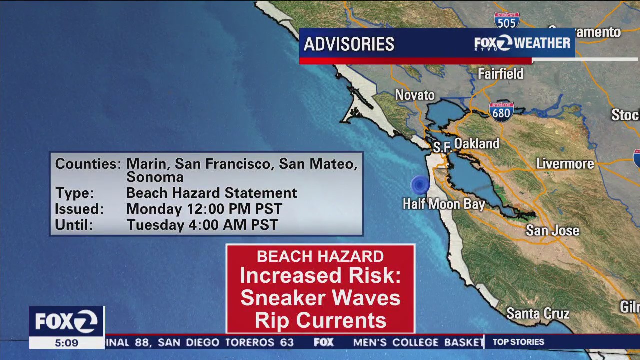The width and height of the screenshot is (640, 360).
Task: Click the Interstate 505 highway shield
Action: click(x=507, y=20)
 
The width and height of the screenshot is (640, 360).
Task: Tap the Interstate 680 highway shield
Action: click(x=501, y=112)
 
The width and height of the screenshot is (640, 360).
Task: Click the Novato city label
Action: click(x=415, y=95)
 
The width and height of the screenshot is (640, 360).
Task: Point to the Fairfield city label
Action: click(x=500, y=74)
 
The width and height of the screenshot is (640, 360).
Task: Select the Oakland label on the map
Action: click(x=476, y=144)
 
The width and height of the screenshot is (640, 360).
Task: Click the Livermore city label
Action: click(x=565, y=163)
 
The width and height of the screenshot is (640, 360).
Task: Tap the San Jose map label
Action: click(x=552, y=231)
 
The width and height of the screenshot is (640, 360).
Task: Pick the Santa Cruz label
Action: click(x=538, y=314)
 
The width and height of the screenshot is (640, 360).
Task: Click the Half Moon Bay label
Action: click(x=444, y=204)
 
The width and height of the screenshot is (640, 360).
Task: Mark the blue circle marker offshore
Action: click(x=420, y=185)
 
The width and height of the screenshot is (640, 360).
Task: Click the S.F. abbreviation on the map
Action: click(x=442, y=147)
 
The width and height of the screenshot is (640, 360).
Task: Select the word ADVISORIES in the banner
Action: click(x=349, y=44)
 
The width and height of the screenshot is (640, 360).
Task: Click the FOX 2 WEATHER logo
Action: click(x=522, y=43)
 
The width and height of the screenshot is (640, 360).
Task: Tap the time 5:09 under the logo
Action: click(x=66, y=343)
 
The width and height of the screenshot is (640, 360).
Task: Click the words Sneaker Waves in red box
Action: click(x=320, y=298)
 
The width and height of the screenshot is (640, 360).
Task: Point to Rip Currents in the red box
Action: click(x=320, y=320)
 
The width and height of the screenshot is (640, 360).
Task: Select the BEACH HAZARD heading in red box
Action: click(x=320, y=256)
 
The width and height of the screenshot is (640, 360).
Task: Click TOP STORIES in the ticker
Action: click(x=518, y=342)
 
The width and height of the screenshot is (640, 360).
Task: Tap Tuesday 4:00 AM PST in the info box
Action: click(x=202, y=225)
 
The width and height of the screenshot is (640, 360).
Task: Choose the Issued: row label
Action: click(x=79, y=209)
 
